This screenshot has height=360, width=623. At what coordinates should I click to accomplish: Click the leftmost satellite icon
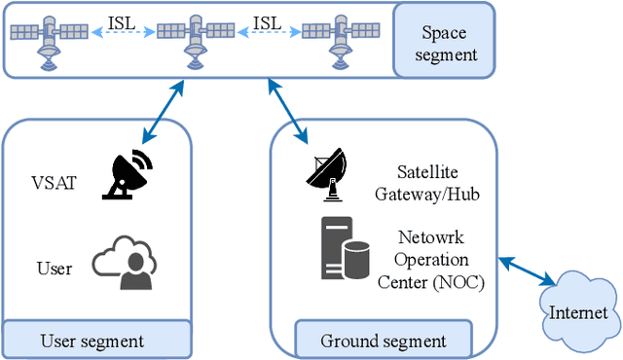pos(47,39)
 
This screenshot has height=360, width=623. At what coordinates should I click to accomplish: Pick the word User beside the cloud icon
pos(54,268)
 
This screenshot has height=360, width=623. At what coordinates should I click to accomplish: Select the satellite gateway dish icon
pos(326,173)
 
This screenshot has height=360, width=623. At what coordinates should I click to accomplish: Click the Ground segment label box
pos(384,341)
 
